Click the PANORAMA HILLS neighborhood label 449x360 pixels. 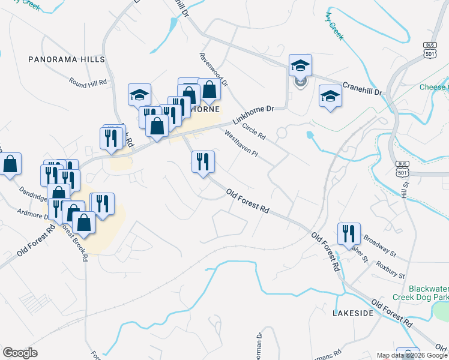[x=67, y=59]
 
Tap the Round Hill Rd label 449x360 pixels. [x=88, y=82]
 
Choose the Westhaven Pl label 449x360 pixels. [x=241, y=145]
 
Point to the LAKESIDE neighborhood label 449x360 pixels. [x=354, y=313]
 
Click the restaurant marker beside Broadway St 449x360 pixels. [x=348, y=233]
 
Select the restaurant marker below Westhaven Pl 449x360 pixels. [x=203, y=161]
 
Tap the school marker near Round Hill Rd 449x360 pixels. [x=139, y=94]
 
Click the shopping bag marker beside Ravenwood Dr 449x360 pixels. [x=209, y=90]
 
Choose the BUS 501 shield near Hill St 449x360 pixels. [x=402, y=167]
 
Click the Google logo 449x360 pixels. [x=20, y=353]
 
